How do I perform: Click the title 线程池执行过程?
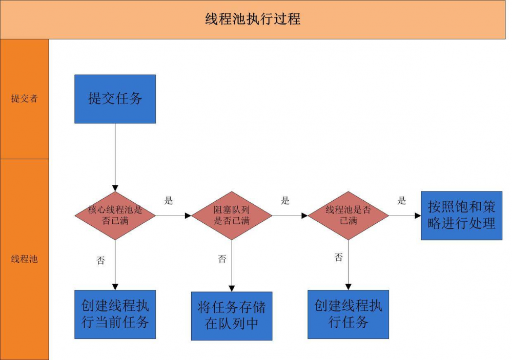[x=253, y=19]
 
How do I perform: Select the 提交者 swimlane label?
[x=24, y=99]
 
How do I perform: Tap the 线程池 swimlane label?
[x=24, y=259]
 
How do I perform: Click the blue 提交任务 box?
[x=115, y=99]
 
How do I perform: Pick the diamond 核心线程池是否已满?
[x=115, y=215]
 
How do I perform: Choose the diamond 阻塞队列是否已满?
[x=232, y=215]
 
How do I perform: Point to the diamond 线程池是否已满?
[x=348, y=215]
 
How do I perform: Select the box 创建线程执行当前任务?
[x=115, y=314]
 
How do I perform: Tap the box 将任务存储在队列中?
[x=232, y=315]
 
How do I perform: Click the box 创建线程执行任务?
[x=348, y=314]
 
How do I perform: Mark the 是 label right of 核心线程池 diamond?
[x=169, y=201]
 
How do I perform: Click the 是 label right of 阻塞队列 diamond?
[x=285, y=201]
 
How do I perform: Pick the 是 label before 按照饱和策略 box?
[x=402, y=201]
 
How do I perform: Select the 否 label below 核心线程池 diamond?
[x=100, y=260]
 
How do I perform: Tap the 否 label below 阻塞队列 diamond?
[x=221, y=259]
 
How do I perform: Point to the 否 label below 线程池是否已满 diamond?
[x=338, y=258]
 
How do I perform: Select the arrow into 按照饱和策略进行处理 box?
[x=405, y=216]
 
